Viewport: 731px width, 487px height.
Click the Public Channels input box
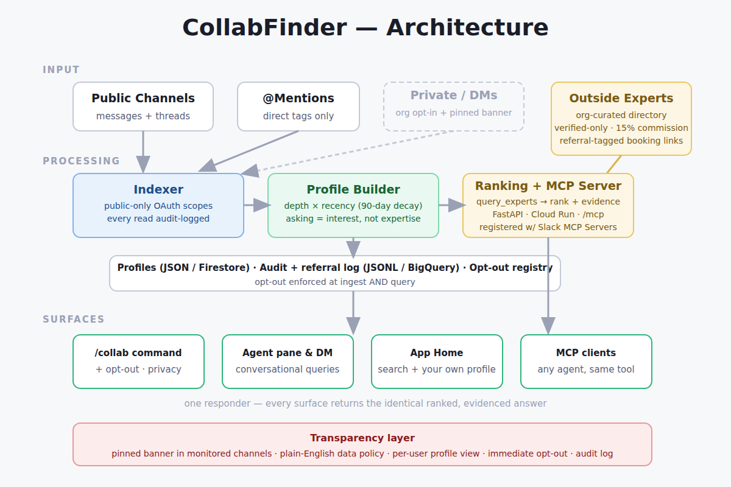[x=143, y=107]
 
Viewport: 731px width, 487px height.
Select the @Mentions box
[x=298, y=107]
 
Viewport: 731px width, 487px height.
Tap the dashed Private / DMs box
[x=454, y=107]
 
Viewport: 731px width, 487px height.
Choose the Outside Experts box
[x=621, y=119]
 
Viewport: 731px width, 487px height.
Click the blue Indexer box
[x=158, y=206]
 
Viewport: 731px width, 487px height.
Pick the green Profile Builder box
[x=353, y=206]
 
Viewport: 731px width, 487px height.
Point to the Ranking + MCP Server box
[x=548, y=206]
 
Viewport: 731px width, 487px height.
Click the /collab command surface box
[x=138, y=362]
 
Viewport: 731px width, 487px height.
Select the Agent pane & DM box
[x=288, y=362]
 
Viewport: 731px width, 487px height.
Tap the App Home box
[x=437, y=362]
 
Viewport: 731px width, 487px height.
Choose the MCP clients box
[x=586, y=362]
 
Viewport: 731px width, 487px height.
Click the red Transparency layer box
[x=362, y=444]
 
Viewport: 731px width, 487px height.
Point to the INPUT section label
[x=61, y=70]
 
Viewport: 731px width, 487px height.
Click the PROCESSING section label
[x=81, y=161]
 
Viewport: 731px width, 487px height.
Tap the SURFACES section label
[x=74, y=320]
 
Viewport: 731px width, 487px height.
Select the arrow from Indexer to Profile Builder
[x=258, y=205]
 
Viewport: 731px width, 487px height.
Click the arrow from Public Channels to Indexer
[x=143, y=152]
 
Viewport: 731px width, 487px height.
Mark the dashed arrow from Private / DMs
[x=347, y=152]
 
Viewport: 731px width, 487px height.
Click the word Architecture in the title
[x=467, y=27]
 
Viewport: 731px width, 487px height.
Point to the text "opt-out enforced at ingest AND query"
[x=335, y=282]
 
